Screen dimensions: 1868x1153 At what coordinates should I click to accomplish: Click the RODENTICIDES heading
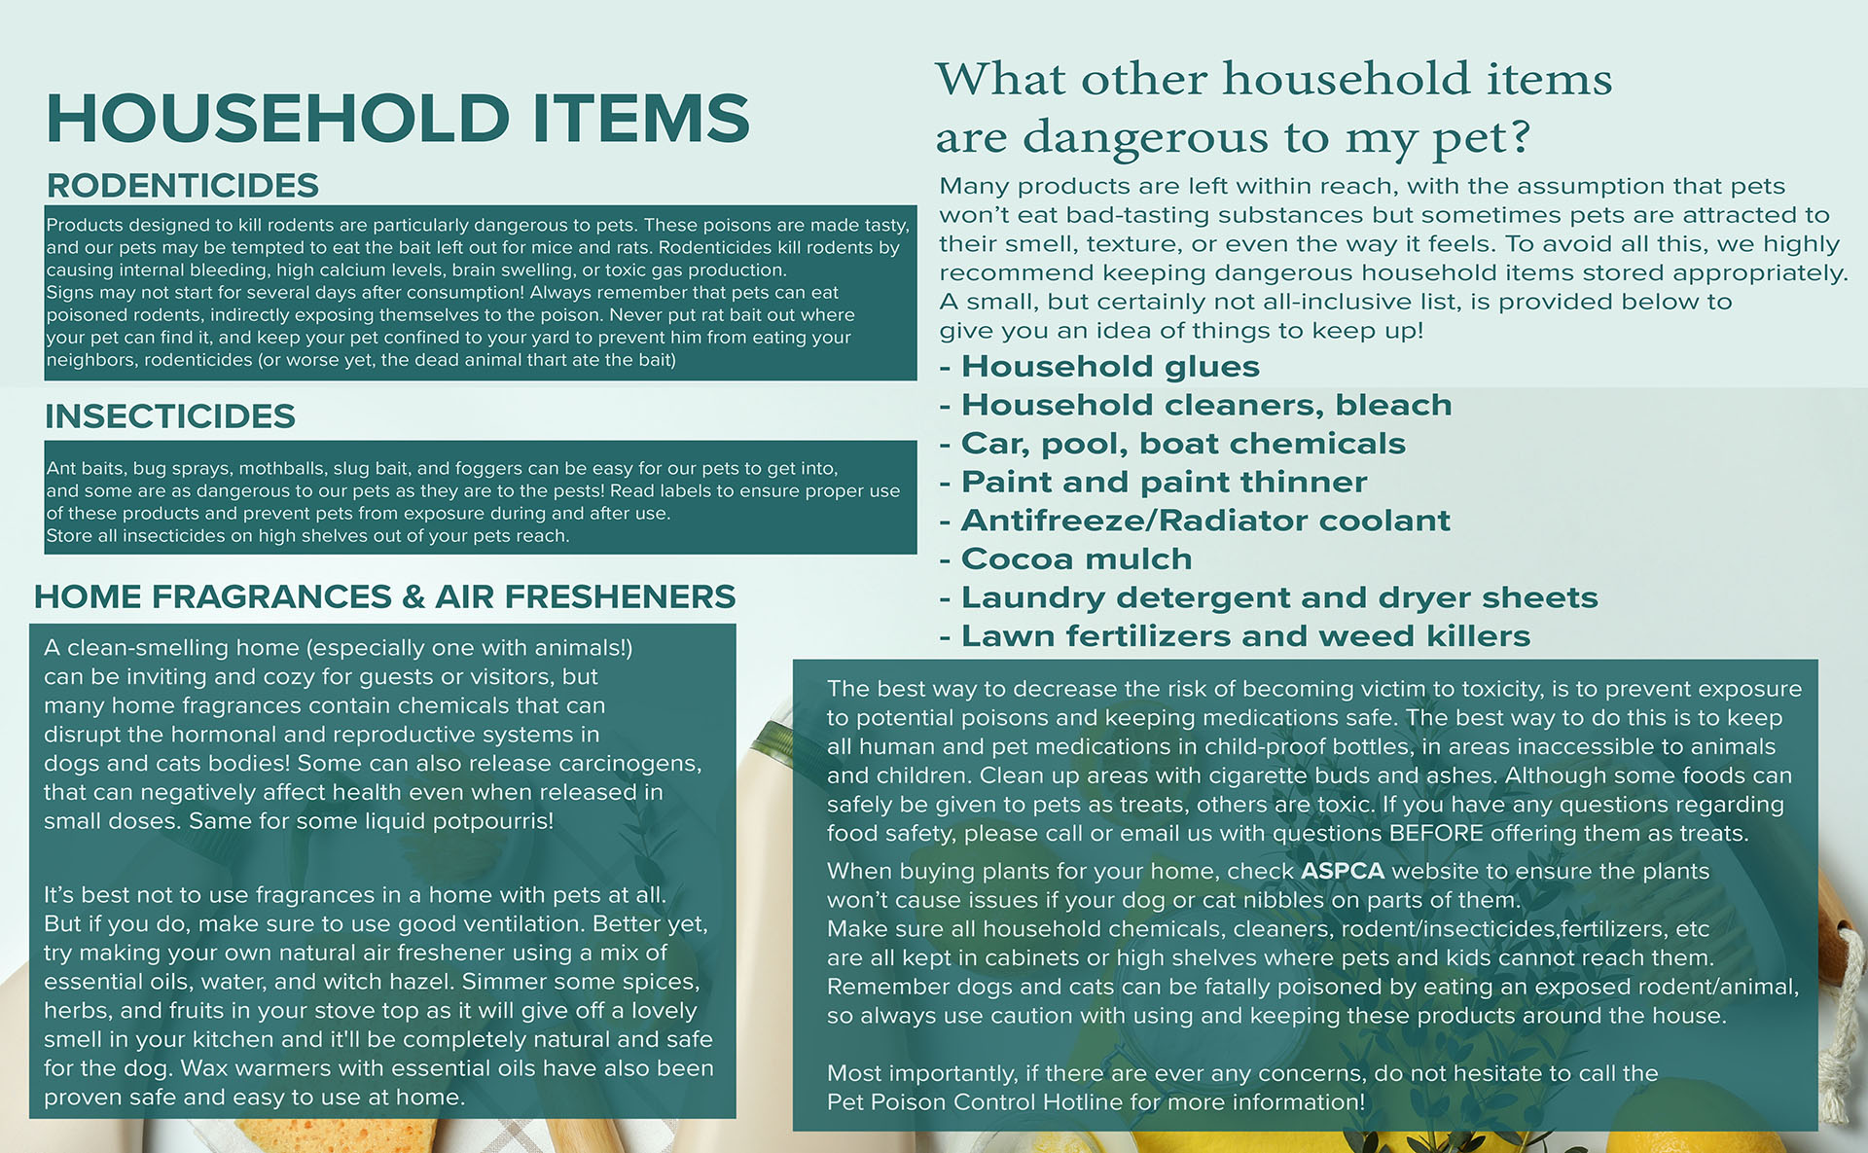[183, 185]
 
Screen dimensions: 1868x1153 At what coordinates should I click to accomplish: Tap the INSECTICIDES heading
[170, 416]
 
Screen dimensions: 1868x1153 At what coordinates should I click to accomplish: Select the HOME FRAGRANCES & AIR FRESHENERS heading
[385, 596]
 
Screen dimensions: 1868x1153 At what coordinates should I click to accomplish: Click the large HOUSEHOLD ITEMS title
[398, 118]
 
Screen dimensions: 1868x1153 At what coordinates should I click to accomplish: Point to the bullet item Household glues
[1099, 367]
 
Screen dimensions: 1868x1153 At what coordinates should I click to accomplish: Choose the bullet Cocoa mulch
[1066, 558]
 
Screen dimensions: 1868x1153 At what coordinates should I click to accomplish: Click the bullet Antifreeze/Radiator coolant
[1195, 521]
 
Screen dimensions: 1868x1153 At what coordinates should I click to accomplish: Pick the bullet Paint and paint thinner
[1154, 482]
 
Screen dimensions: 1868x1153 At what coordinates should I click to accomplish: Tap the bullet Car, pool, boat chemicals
[1172, 444]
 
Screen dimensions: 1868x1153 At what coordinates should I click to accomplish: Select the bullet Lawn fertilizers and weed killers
[1236, 636]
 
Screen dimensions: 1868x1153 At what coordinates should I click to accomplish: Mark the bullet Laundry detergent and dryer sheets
[1269, 597]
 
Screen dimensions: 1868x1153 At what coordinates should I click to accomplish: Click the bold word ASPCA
[1343, 871]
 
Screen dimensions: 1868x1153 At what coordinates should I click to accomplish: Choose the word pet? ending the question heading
[1482, 138]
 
